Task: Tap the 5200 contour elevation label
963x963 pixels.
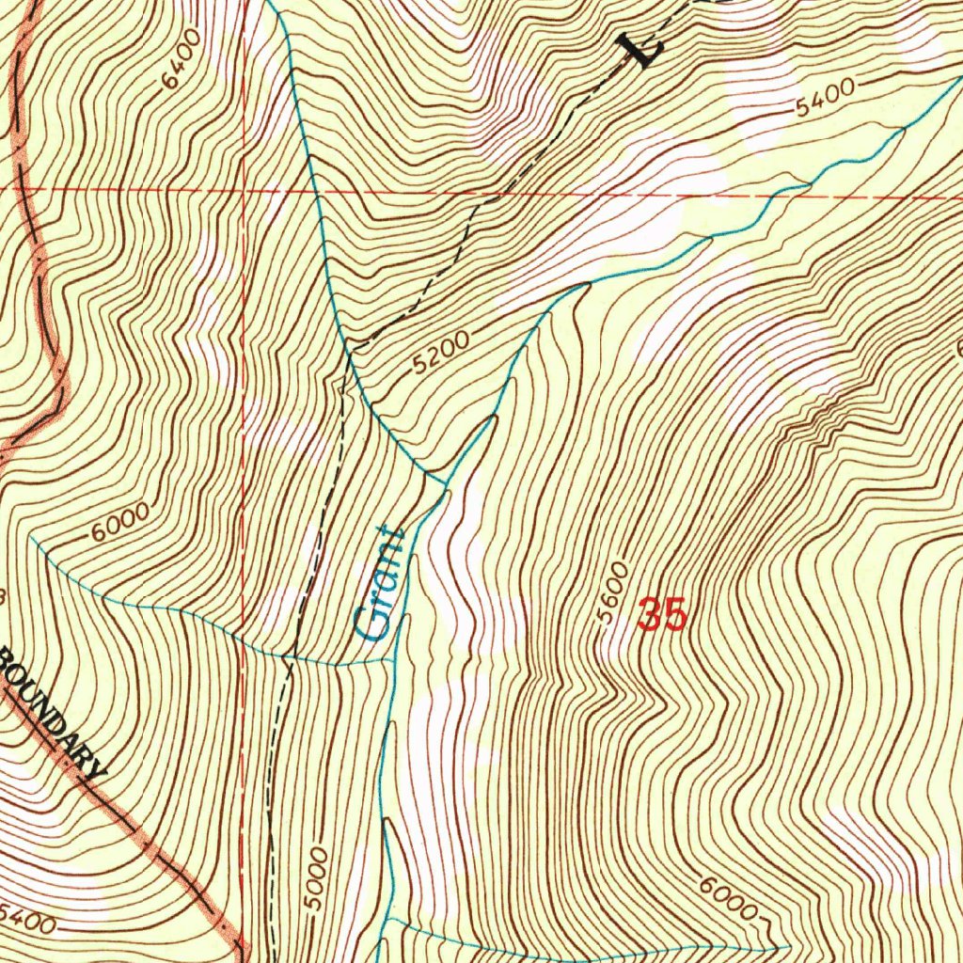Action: tap(440, 355)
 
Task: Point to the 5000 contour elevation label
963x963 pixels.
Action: tap(319, 878)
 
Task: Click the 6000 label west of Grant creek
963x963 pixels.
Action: tap(121, 524)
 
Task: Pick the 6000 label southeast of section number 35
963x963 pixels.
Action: tap(729, 899)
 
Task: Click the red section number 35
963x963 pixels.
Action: tap(662, 616)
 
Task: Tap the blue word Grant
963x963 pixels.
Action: tap(381, 584)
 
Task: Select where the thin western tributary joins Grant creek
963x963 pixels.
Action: tap(393, 661)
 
